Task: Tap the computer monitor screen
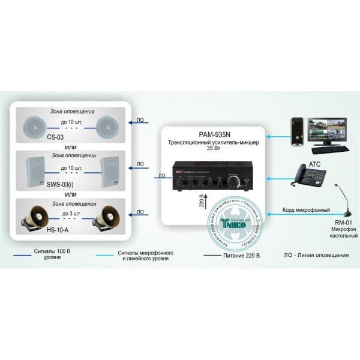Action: click(325, 130)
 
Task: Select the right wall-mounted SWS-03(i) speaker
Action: click(111, 169)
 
